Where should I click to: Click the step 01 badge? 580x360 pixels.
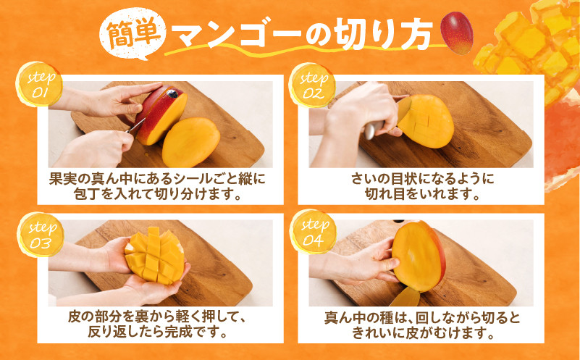coord(39,84)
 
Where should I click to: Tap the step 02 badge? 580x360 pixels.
coord(313,85)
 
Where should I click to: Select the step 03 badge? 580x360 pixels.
coord(41,235)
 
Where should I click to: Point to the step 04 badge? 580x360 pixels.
coord(314,232)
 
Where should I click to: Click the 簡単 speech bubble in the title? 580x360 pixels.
coord(132,33)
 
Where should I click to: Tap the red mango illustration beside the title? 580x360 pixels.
coord(456,33)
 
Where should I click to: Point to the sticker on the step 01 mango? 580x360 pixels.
coord(172,93)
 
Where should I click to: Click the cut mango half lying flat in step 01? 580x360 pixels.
coord(191,142)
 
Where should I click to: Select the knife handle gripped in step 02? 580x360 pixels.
coord(374,130)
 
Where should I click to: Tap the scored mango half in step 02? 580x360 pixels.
coord(426,121)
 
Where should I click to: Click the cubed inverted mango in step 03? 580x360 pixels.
coord(155,256)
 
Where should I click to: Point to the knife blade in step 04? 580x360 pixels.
coord(405,297)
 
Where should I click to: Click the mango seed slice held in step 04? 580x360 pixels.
coord(419,256)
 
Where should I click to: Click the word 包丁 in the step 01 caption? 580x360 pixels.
coord(88,194)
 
